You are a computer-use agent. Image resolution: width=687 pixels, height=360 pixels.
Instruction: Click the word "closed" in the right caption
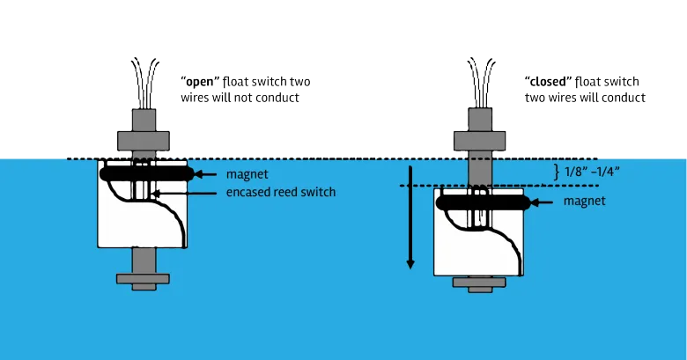(x=543, y=82)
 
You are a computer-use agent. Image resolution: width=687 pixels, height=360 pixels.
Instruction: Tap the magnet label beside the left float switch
(x=247, y=174)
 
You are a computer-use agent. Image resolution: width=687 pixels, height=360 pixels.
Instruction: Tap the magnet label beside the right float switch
(x=584, y=202)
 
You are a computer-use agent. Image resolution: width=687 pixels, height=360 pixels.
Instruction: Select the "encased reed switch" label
(x=281, y=192)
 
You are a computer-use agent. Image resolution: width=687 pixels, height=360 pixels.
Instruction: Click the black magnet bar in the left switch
(x=145, y=174)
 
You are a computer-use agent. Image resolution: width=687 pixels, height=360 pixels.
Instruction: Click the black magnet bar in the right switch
(x=480, y=202)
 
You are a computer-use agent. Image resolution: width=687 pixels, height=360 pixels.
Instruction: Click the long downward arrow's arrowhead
(x=410, y=263)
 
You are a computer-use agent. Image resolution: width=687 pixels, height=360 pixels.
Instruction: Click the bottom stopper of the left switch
(x=142, y=279)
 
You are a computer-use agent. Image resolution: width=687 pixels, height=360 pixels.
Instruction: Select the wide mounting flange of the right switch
(x=479, y=138)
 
